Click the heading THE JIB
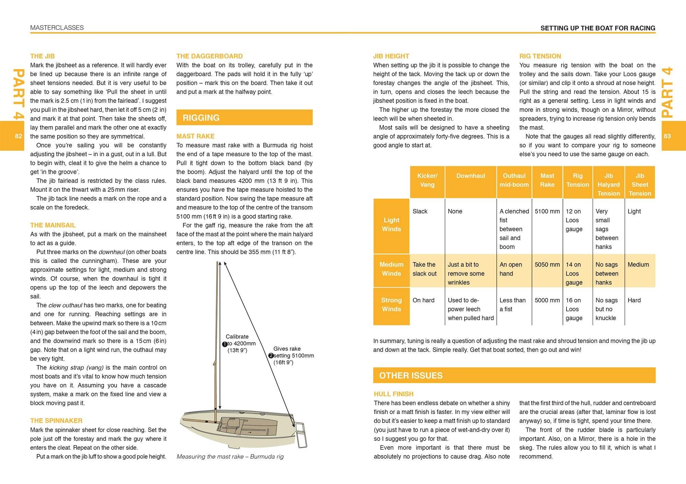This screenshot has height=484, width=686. pos(42,56)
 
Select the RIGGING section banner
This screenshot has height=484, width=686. pos(244,118)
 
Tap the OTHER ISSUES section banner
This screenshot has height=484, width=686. pos(514,375)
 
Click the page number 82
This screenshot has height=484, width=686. pos(19,136)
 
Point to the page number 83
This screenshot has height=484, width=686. pos(667,136)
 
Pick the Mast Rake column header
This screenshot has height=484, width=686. pos(547,180)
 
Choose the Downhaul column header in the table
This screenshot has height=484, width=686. pos(471,176)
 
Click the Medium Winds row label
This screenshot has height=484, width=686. pos(391,269)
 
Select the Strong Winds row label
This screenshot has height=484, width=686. pos(391,305)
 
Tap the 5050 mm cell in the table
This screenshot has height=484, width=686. pos(547,265)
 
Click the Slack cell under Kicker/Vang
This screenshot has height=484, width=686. pos(420,211)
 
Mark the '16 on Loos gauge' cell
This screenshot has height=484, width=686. pos(574,309)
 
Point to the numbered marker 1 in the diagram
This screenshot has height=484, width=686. pos(225,344)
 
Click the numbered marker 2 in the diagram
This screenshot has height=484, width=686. pos(271,356)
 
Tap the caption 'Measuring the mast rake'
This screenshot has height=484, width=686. pos(230,457)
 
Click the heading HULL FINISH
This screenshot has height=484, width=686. pos(393,394)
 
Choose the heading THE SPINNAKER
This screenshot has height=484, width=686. pos(56,421)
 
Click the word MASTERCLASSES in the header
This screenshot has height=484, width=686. pos(57,28)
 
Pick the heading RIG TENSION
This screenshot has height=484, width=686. pos(540,56)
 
